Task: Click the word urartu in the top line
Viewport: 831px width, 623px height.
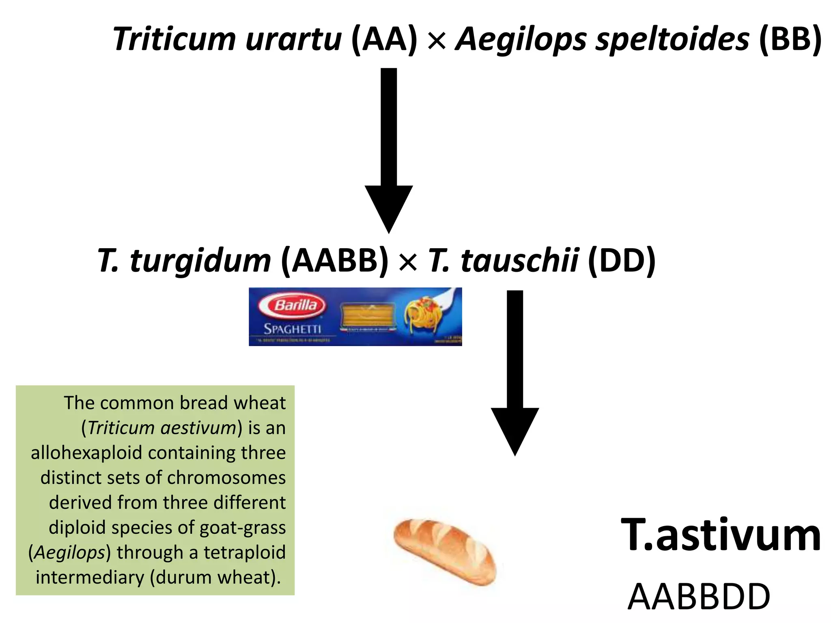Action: (x=293, y=39)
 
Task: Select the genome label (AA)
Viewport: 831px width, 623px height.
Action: (x=384, y=39)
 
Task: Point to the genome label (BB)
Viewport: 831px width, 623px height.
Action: (x=790, y=39)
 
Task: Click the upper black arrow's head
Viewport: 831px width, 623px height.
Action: (x=389, y=207)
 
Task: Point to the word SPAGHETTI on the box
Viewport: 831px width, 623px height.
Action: (x=293, y=329)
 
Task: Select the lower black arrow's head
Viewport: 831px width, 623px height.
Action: (x=515, y=430)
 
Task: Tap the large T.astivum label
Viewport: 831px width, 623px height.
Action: (x=721, y=535)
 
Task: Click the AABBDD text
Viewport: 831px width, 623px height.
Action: (x=699, y=597)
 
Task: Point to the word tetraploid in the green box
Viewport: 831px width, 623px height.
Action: (x=245, y=552)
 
